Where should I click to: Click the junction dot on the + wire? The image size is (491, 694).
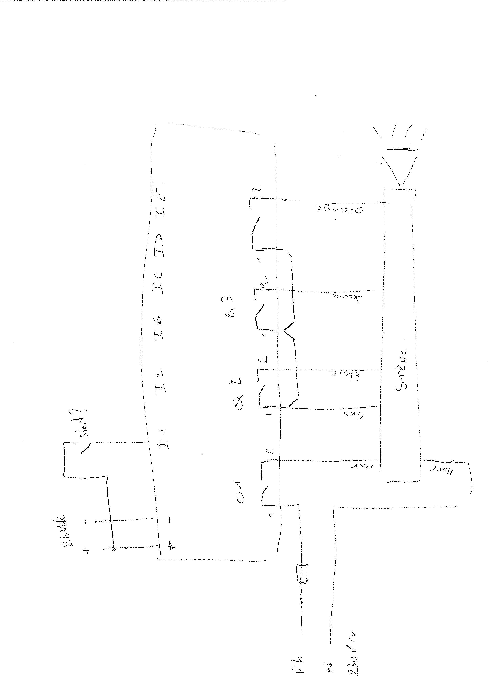tap(113, 549)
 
